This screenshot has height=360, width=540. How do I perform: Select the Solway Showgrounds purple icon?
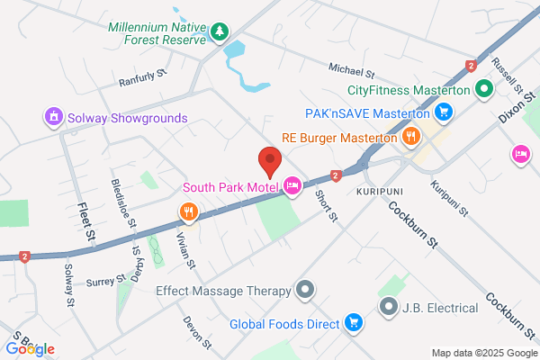click(x=54, y=117)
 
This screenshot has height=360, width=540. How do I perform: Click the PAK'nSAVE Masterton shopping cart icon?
click(x=443, y=112)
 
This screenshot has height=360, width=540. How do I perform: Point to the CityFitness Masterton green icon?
click(x=483, y=90)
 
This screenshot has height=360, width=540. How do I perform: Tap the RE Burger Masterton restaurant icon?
click(x=410, y=138)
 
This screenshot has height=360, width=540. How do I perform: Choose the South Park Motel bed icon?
click(x=292, y=187)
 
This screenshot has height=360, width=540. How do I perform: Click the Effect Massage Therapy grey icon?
click(x=306, y=290)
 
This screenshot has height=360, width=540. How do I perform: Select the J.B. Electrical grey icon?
click(x=389, y=308)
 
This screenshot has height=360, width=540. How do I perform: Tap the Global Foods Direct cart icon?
click(x=354, y=323)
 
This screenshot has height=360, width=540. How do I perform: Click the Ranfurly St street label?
click(x=144, y=81)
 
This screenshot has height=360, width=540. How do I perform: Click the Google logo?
click(x=30, y=348)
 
